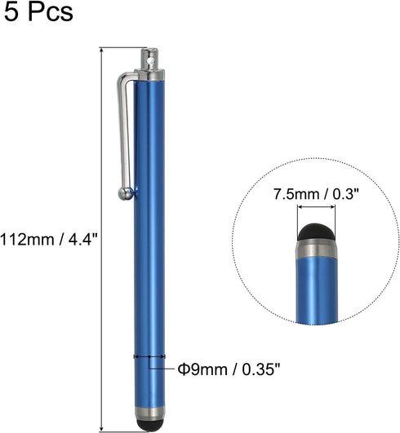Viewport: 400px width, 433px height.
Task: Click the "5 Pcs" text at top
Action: [x=37, y=14]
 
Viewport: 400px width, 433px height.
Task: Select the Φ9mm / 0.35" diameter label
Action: [x=229, y=369]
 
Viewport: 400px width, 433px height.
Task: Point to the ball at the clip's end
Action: [x=126, y=193]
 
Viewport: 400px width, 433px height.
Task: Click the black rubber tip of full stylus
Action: [x=148, y=426]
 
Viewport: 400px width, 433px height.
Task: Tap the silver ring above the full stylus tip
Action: [x=148, y=413]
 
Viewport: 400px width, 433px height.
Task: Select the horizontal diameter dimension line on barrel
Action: [x=148, y=356]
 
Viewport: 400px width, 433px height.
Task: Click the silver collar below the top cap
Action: [x=149, y=75]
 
